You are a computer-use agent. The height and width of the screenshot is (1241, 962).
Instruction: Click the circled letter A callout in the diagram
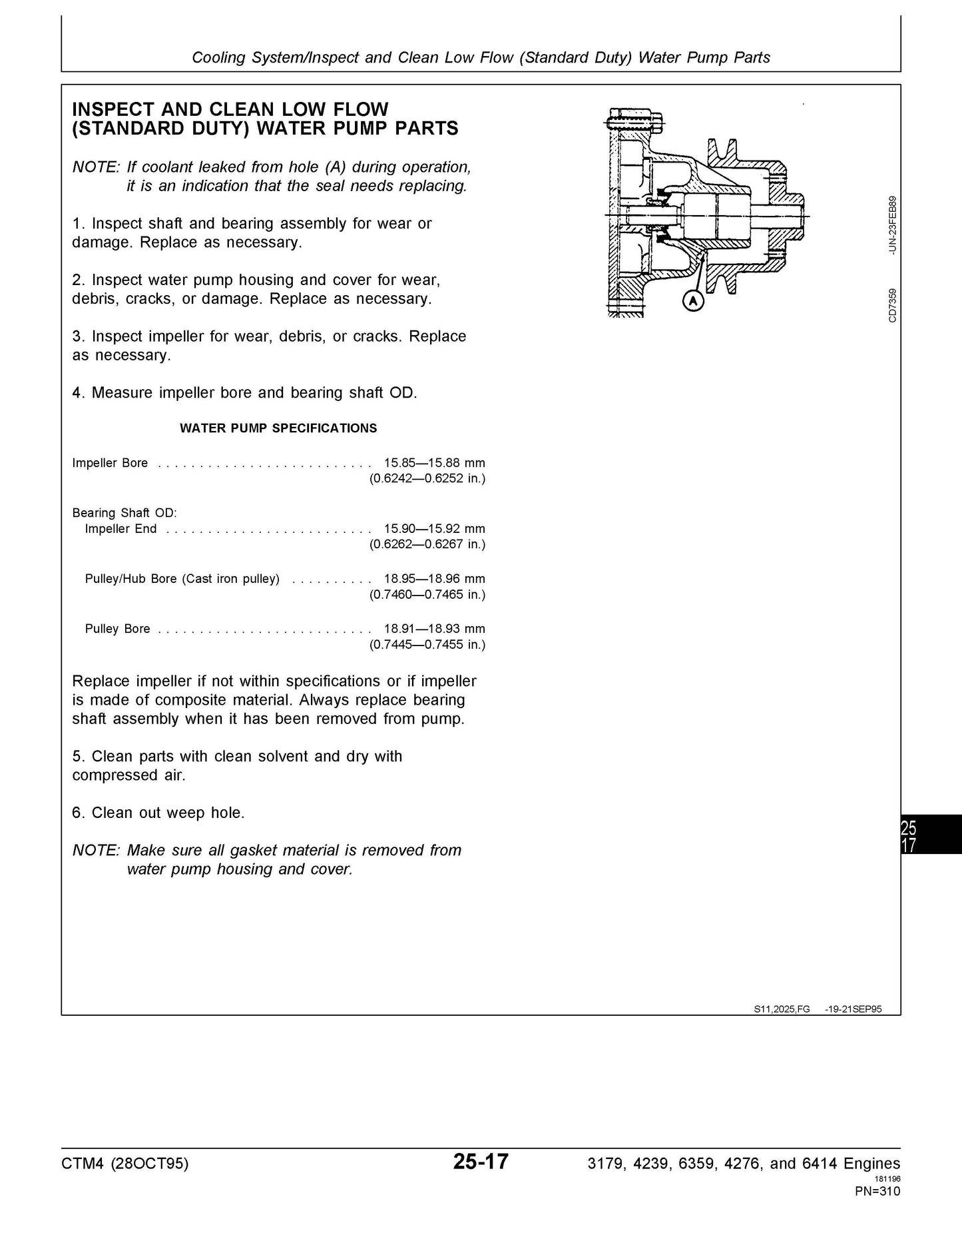point(694,301)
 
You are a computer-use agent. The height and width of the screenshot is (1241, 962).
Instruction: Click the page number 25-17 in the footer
point(481,1162)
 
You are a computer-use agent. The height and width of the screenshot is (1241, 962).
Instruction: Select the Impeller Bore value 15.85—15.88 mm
point(434,463)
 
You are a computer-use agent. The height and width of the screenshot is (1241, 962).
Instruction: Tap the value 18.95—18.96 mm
point(434,579)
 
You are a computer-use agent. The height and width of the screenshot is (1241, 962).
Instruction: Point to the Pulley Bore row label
point(118,629)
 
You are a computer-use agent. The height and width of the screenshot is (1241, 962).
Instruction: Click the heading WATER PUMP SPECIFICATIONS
point(278,428)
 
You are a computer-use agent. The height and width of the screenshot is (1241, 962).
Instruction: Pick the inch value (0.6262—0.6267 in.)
point(427,545)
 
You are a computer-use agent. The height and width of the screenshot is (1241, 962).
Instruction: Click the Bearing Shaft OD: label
point(124,513)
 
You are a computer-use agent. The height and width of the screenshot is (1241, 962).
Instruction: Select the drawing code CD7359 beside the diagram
point(893,305)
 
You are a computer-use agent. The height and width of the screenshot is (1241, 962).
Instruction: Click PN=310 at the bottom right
point(877,1192)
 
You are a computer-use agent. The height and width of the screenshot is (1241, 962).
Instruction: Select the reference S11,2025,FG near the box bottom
point(782,1009)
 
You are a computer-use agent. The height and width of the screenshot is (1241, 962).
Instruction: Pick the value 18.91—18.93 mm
point(434,629)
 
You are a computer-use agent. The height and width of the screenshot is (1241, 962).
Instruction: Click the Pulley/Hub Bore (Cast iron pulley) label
point(182,579)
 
